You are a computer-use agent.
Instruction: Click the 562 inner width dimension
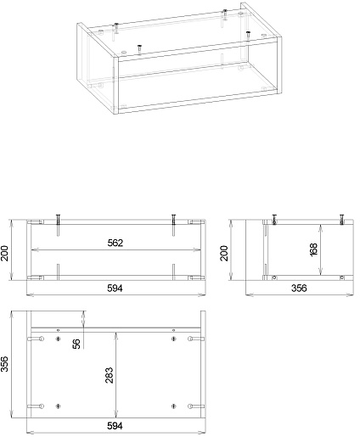pos(115,243)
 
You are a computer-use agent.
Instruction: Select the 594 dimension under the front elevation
pos(115,289)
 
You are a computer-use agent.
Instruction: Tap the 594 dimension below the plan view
pos(115,426)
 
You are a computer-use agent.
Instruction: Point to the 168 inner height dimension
pos(314,249)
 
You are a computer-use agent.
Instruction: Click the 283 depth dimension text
pos(109,375)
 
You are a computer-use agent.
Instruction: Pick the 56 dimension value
pos(76,344)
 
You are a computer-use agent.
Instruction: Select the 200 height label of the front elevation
pos(4,253)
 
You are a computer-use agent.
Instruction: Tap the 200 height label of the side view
pos(224,253)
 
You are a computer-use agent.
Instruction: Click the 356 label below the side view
pos(299,289)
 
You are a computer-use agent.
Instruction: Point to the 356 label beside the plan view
pos(4,364)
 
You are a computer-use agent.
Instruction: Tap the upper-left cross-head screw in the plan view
pos(59,339)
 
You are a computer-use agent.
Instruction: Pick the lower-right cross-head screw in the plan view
pos(174,406)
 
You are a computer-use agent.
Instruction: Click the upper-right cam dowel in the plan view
pos(196,339)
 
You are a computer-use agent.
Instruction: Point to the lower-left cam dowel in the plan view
pos(36,406)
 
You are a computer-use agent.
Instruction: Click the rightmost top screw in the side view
pos(342,220)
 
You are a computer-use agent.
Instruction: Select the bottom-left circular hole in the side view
pos(274,277)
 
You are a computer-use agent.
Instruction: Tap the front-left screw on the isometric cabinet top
pos(139,48)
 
